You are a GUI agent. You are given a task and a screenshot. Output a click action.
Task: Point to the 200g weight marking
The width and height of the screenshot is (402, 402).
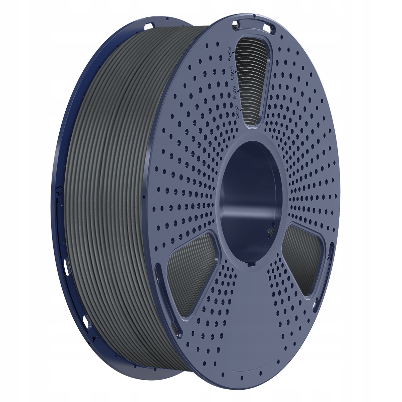pos(238,111)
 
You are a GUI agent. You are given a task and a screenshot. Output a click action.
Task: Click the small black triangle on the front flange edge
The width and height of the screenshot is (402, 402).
pos(144,197)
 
